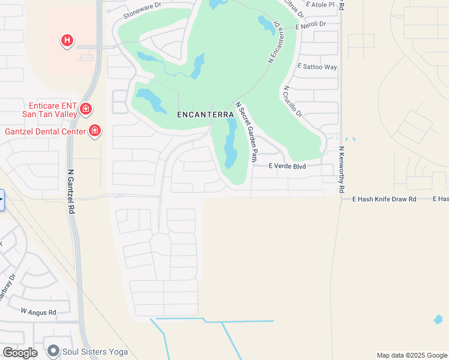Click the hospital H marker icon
pyautogui.click(x=67, y=41)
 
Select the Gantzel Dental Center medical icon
pyautogui.click(x=94, y=131)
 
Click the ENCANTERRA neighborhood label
pyautogui.click(x=205, y=114)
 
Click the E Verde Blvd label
pyautogui.click(x=287, y=166)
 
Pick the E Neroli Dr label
pyautogui.click(x=310, y=25)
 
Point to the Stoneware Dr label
pyautogui.click(x=142, y=11)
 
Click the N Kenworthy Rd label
pyautogui.click(x=341, y=169)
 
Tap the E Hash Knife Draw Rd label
pyautogui.click(x=384, y=199)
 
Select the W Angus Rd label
pyautogui.click(x=38, y=312)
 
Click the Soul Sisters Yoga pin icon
pyautogui.click(x=53, y=351)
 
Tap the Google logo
pyautogui.click(x=20, y=353)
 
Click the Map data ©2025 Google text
pyautogui.click(x=411, y=355)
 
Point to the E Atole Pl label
pyautogui.click(x=321, y=5)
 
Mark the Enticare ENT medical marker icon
pyautogui.click(x=86, y=109)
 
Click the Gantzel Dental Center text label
pyautogui.click(x=45, y=131)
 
